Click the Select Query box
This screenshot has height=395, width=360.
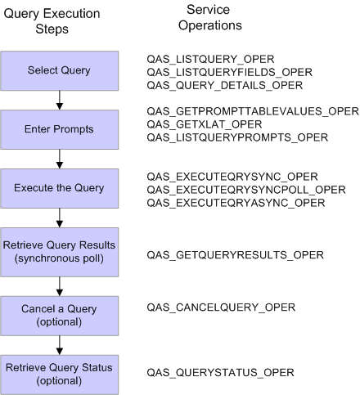[59, 70]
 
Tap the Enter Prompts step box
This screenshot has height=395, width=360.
[59, 128]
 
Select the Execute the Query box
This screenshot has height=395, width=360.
[59, 188]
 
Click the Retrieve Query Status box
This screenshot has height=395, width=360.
[59, 366]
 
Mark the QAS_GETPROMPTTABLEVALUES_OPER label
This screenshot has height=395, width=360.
[246, 110]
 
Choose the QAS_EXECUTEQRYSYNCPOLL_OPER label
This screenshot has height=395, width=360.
[245, 189]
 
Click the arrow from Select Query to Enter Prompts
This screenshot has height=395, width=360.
[60, 99]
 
